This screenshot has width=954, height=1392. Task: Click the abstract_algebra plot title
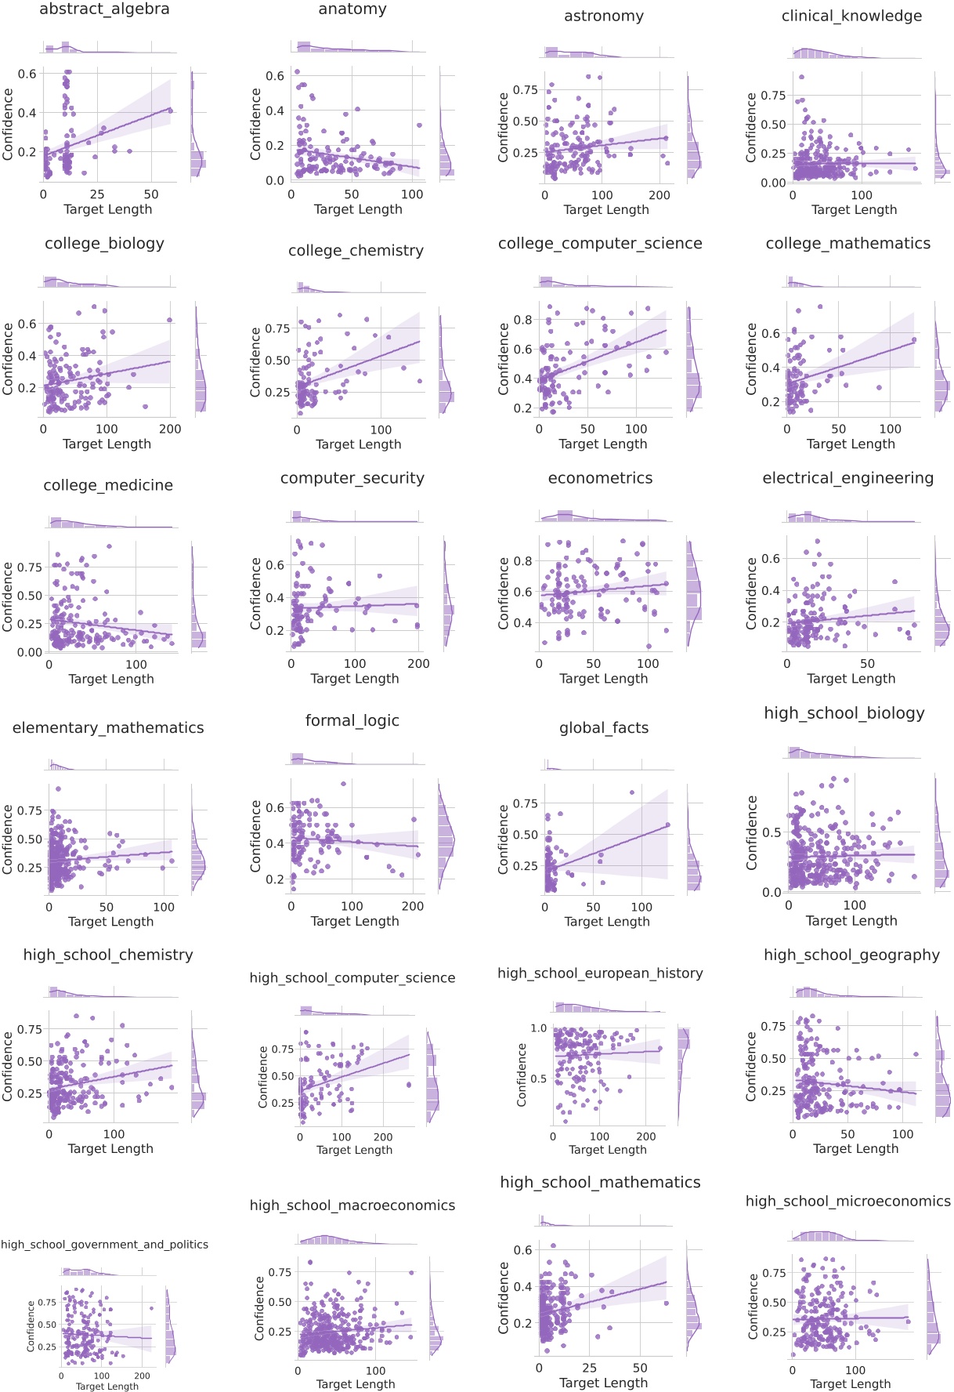pos(104,9)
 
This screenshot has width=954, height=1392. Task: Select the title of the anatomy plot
pos(352,9)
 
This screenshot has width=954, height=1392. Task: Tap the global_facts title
pos(603,728)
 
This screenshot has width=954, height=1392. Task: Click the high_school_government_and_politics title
pos(104,1245)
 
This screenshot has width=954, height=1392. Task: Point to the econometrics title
pos(600,478)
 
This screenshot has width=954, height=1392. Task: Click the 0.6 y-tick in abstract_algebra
pos(28,74)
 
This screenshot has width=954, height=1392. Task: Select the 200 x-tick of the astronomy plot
pos(660,195)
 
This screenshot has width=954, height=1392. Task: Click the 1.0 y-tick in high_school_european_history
pos(539,1028)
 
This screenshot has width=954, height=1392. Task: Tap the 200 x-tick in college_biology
pos(169,430)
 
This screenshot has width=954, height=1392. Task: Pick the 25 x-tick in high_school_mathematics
pos(589,1368)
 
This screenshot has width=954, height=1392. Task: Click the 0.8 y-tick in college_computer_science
pos(522,320)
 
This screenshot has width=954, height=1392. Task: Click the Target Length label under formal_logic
pos(354,921)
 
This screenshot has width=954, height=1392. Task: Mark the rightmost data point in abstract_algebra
pos(170,111)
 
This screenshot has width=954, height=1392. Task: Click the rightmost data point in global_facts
pos(668,825)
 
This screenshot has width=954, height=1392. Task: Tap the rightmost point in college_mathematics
pos(913,340)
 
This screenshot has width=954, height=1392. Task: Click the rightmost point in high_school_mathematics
pos(666,1303)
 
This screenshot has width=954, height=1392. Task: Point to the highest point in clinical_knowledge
pos(800,77)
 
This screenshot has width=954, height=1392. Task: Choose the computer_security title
pos(352,478)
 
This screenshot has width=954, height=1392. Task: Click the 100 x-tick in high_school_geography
pos(902,1133)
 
